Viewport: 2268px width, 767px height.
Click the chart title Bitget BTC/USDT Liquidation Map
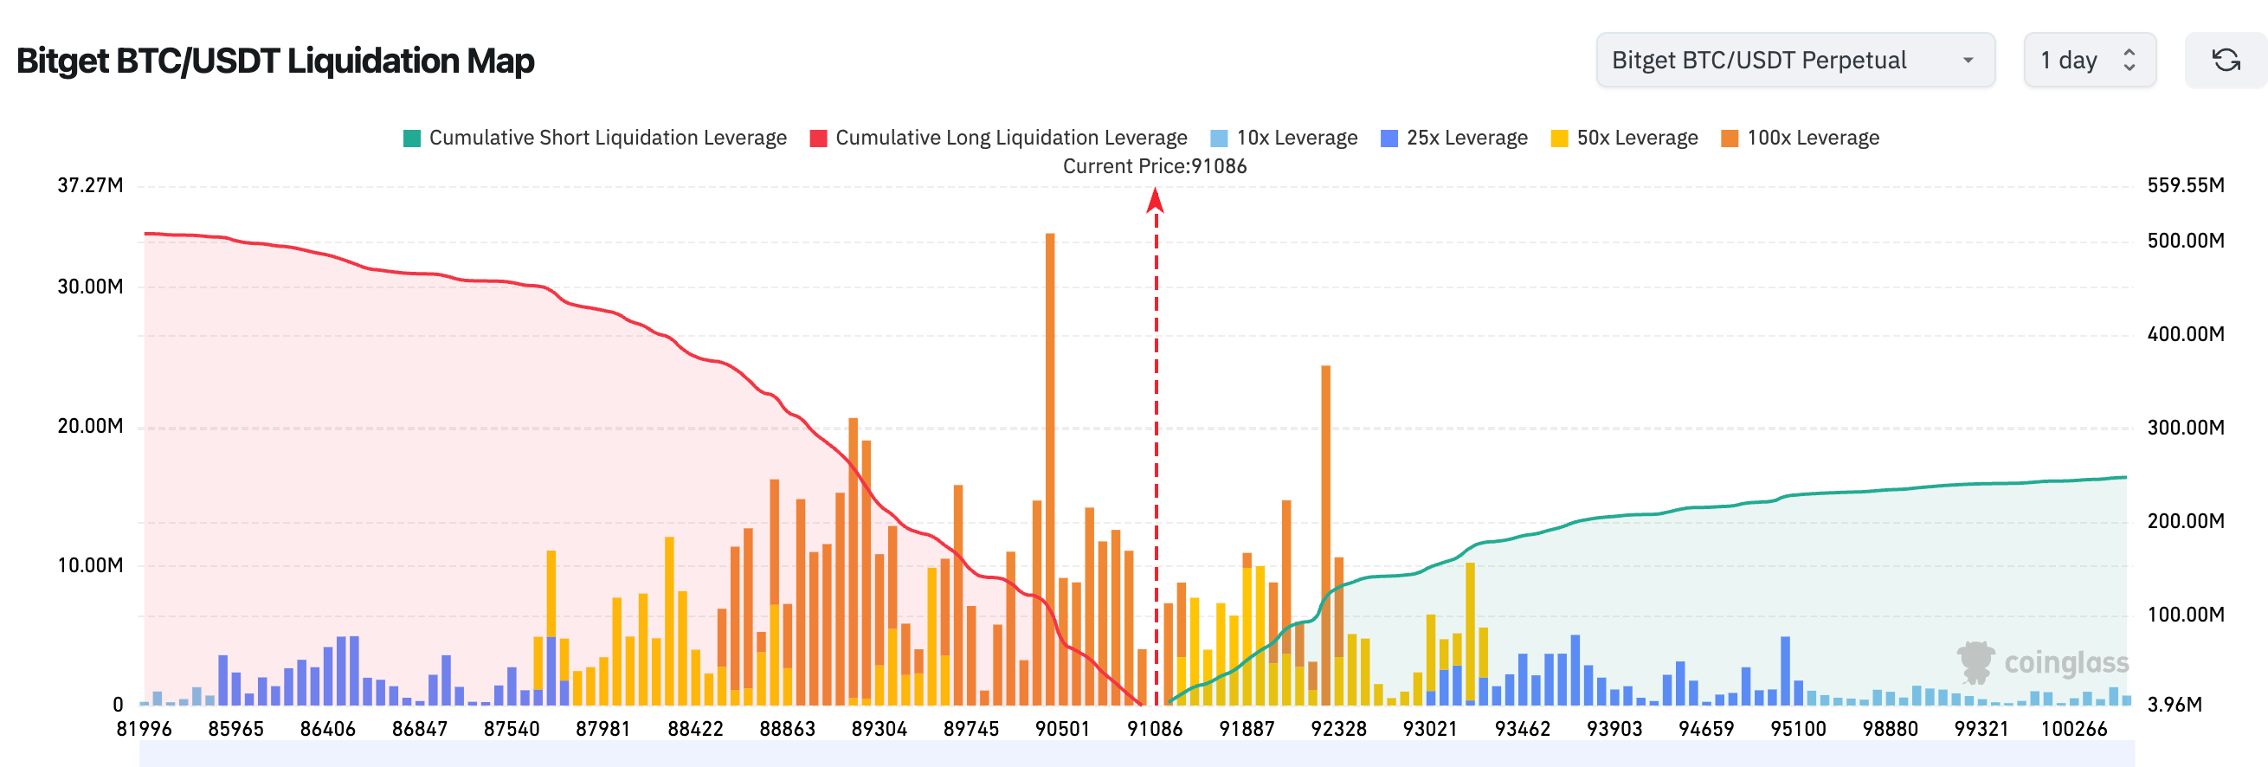274,61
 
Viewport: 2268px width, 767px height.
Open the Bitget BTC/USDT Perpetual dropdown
1794,60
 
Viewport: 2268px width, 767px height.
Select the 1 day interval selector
2089,60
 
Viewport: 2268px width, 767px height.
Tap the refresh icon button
2226,60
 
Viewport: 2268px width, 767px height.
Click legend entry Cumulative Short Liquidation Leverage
596,139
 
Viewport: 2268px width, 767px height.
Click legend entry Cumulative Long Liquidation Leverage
998,139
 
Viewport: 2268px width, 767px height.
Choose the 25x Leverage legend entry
1453,139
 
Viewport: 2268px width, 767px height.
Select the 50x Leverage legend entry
1625,139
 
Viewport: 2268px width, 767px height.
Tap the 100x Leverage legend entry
1800,139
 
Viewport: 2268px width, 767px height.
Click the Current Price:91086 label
1154,166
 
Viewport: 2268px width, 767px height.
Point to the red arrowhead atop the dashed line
1155,202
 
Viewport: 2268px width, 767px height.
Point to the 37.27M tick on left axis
90,186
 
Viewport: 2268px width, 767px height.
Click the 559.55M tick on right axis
2185,186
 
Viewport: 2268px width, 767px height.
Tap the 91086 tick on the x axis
1154,729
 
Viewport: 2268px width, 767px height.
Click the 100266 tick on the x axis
2073,729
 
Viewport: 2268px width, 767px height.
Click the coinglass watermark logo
2043,662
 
